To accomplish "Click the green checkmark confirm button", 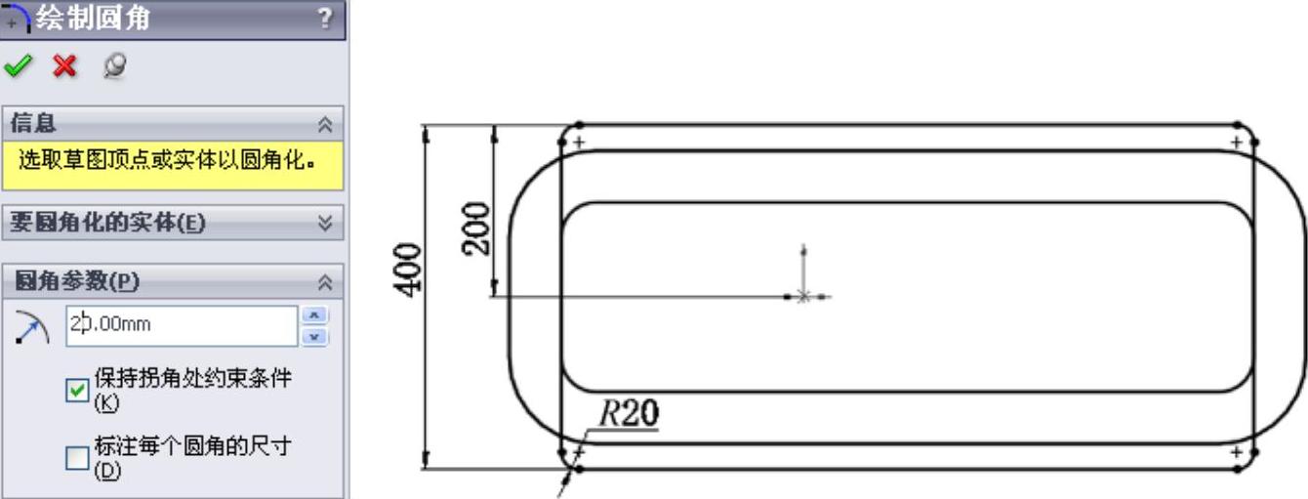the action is [x=19, y=66].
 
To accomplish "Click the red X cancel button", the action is [x=64, y=66].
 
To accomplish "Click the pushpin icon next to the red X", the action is [x=114, y=65].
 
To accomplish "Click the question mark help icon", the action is [x=325, y=19].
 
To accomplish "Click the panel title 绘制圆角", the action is [x=94, y=19].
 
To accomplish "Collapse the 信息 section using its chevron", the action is [x=325, y=124].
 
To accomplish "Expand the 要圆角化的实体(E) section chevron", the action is [x=325, y=223].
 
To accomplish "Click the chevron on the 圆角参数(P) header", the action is [x=325, y=282].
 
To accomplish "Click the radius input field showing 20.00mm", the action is [x=182, y=325].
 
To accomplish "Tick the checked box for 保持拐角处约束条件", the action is [x=77, y=390].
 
